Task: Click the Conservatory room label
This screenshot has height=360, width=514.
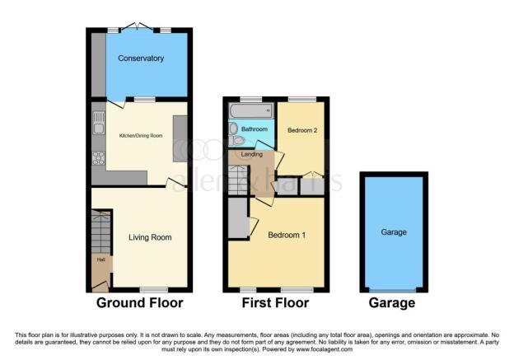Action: [141, 58]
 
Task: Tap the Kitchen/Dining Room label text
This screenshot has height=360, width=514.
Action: [140, 134]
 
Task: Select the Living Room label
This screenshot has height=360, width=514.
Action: [150, 237]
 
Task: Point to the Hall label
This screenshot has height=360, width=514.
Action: [100, 260]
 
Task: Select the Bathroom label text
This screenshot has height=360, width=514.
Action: [254, 129]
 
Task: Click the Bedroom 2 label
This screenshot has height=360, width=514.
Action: [301, 130]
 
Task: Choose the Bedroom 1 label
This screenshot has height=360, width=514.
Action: [287, 235]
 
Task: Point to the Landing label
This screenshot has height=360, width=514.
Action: [251, 154]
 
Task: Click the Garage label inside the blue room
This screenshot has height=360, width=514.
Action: [393, 232]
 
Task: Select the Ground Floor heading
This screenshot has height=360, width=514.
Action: [140, 303]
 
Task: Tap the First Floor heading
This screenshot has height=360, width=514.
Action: [275, 303]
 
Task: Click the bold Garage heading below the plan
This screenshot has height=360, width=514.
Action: [393, 303]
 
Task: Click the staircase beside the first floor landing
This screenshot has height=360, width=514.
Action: [236, 180]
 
